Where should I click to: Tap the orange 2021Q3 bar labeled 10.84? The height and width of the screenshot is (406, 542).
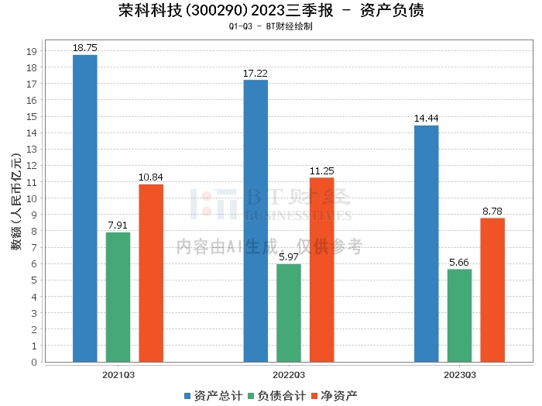[x=151, y=273]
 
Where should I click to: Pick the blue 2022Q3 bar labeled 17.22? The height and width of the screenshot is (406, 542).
[x=256, y=220]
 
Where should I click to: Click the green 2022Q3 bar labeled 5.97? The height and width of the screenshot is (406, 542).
[x=289, y=313]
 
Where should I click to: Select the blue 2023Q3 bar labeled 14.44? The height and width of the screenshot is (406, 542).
[x=427, y=243]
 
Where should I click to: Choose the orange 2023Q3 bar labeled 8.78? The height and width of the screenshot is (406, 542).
[x=492, y=290]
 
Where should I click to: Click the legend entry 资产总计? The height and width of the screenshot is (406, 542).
[x=211, y=396]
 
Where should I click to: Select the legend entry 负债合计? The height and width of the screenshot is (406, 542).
[x=276, y=396]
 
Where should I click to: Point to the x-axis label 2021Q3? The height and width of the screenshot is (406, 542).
[x=118, y=375]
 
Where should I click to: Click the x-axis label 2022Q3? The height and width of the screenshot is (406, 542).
[x=289, y=375]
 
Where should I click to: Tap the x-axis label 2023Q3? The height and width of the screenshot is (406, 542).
[x=460, y=375]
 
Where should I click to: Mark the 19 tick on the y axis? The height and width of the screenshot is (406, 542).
[x=32, y=51]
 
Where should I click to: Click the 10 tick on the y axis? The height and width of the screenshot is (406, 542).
[x=32, y=198]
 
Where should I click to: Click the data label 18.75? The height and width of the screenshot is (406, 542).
[x=85, y=47]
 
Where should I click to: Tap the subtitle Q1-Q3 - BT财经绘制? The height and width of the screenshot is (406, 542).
[x=271, y=26]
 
